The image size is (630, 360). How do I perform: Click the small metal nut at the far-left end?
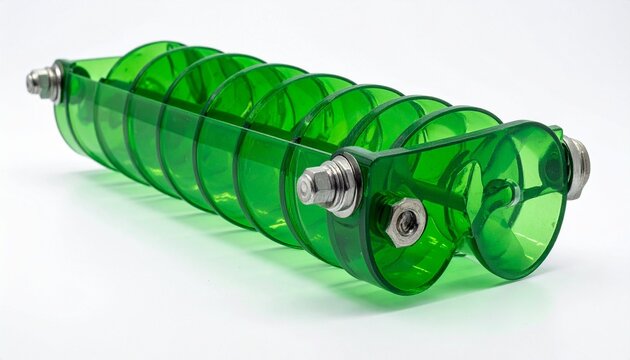click(40, 80)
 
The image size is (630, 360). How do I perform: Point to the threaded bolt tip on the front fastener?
click(305, 187)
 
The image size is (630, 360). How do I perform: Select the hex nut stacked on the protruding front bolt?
click(322, 184)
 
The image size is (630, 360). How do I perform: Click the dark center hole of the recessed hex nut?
click(405, 223)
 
